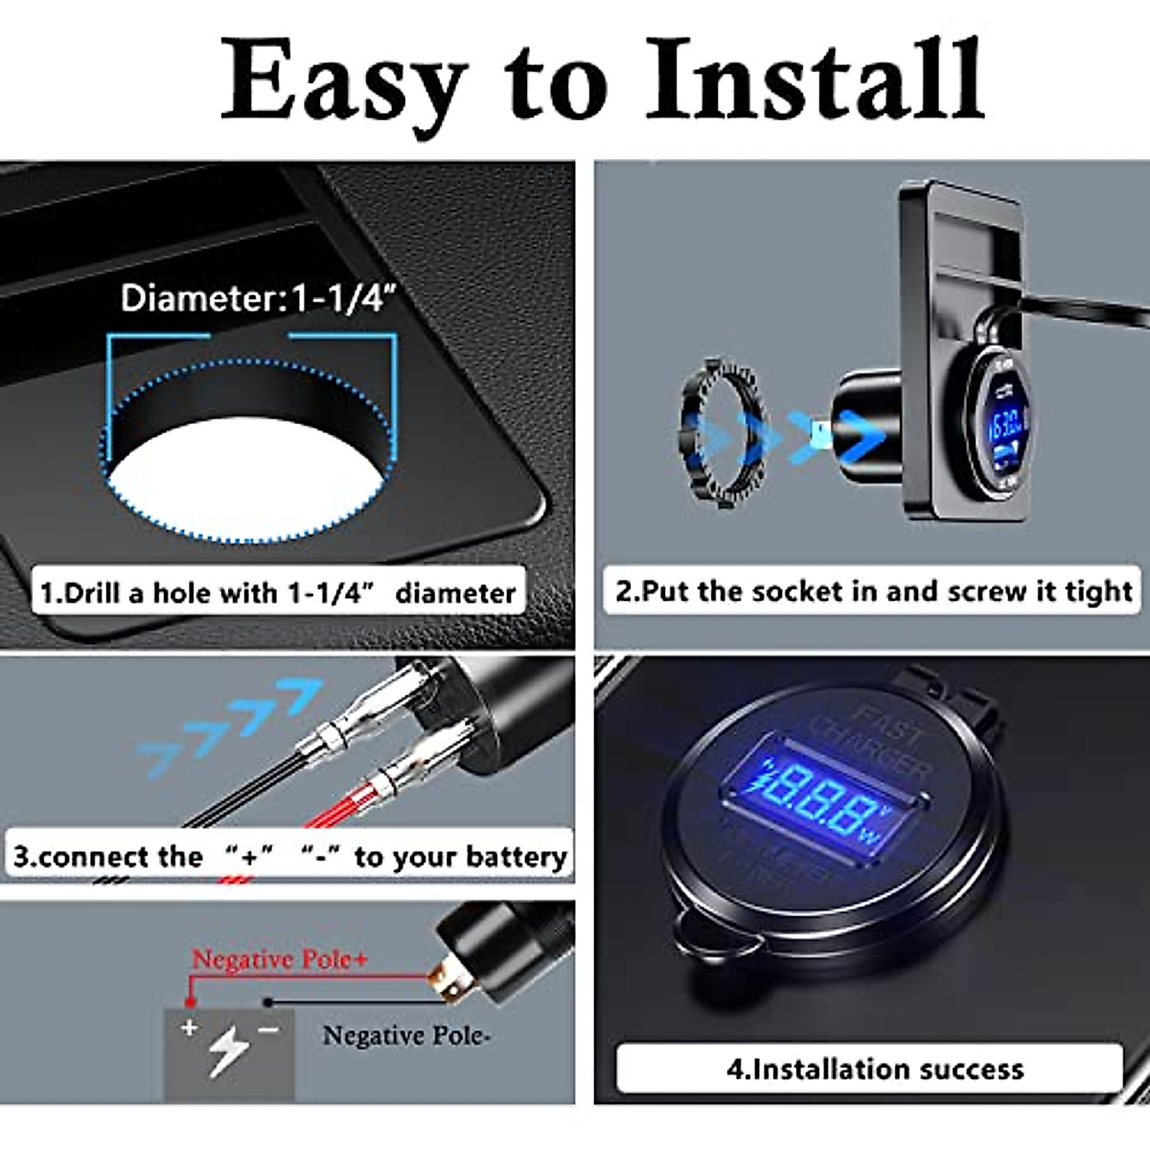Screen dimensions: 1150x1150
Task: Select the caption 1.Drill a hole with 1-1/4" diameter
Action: click(278, 593)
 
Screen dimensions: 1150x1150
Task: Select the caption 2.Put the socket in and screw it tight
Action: click(874, 590)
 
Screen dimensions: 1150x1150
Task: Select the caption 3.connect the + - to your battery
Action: click(289, 856)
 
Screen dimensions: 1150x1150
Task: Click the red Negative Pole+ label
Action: click(279, 959)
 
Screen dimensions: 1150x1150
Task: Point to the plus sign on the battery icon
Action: click(190, 1028)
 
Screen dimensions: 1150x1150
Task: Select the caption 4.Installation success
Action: click(874, 1069)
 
